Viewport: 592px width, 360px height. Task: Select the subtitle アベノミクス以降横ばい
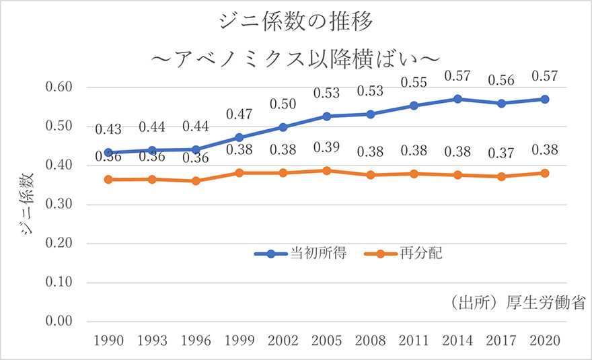point(296,59)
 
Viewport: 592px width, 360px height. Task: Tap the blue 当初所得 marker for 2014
point(457,99)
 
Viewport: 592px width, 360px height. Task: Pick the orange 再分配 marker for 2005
point(327,171)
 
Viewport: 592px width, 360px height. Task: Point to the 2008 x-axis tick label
point(371,341)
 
